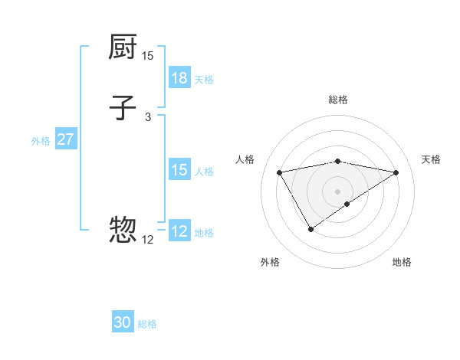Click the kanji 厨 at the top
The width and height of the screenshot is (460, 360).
pos(123,48)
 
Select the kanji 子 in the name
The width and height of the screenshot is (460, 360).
pos(123,108)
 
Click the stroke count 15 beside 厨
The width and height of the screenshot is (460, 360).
pos(148,56)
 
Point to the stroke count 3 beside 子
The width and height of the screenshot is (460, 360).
pos(148,116)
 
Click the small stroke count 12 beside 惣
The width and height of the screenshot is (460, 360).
pos(148,240)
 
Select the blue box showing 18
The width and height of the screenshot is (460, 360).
pos(179,78)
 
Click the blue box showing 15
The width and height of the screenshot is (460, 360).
pos(179,170)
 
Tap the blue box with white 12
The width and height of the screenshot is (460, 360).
pos(179,231)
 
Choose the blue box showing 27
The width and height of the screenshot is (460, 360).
pos(65,139)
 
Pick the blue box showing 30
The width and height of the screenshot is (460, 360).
pos(123,322)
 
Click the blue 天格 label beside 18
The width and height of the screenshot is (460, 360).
pos(204,79)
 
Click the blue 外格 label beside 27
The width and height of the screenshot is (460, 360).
pos(41,140)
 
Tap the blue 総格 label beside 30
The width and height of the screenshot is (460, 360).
pos(147,324)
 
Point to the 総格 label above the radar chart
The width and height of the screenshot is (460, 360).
pos(338,100)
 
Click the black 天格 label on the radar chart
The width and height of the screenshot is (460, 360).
pos(432,159)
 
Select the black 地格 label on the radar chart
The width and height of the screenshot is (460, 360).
pos(402,262)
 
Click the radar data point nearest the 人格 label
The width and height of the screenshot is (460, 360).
pos(280,172)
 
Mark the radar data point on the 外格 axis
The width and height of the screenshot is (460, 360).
pos(310,229)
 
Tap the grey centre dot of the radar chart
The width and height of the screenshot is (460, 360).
pos(338,191)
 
